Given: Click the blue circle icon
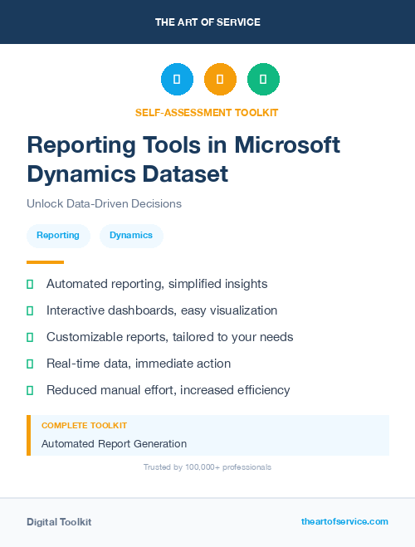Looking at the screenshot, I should click(177, 79).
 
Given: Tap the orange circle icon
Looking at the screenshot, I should click(220, 79).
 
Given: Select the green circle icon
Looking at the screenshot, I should click(263, 79).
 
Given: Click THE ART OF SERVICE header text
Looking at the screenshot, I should click(207, 22).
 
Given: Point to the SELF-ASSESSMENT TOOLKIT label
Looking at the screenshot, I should click(207, 112).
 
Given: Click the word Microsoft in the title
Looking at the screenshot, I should click(286, 144).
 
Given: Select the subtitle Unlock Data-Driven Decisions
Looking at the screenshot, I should click(104, 203).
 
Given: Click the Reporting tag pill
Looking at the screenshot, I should click(58, 235).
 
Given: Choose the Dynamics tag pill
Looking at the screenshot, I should click(131, 235).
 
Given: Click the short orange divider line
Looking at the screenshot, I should click(45, 262).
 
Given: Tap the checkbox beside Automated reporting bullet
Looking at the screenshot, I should click(30, 284).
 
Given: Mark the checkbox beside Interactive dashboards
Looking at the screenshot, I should click(30, 310).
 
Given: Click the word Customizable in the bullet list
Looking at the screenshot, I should click(85, 337).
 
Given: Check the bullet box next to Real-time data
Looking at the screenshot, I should click(30, 364).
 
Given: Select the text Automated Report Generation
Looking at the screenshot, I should click(114, 444).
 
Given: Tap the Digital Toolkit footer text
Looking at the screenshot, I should click(59, 521).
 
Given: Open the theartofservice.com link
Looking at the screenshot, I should click(344, 521).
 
